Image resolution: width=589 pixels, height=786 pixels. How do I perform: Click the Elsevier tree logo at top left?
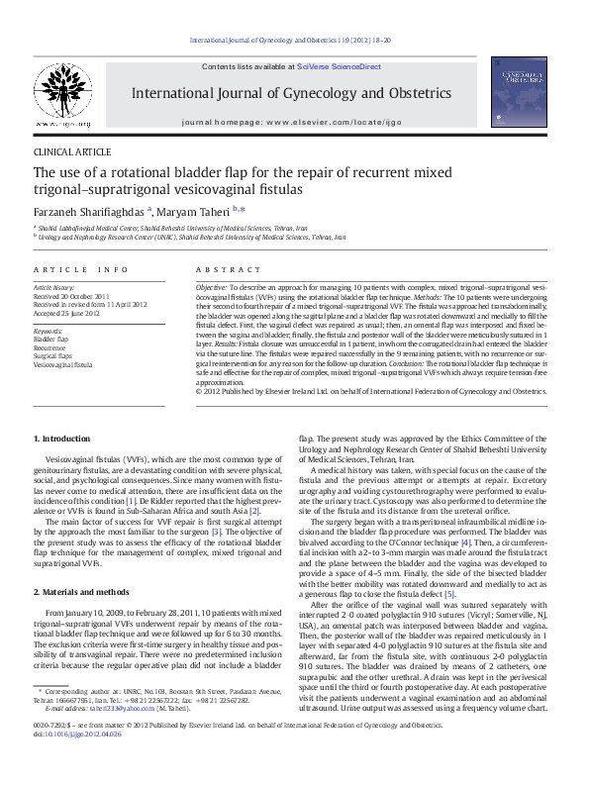click(61, 92)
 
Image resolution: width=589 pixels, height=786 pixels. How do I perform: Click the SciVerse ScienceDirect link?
click(345, 65)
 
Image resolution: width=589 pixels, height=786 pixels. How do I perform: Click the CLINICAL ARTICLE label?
click(72, 151)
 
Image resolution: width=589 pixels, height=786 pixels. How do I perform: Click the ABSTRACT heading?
click(222, 269)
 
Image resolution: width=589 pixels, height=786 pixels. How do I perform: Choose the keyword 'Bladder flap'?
click(51, 339)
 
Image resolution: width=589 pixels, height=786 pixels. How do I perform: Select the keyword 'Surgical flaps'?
click(53, 355)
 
